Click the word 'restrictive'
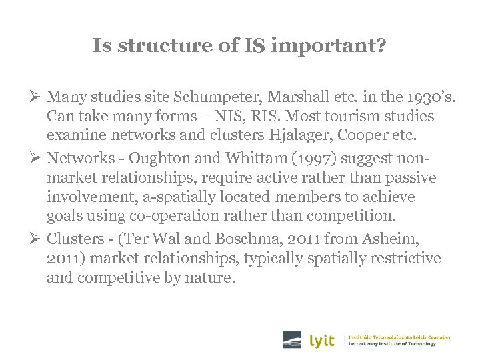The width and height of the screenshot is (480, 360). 408,258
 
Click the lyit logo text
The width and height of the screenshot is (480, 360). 323,340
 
